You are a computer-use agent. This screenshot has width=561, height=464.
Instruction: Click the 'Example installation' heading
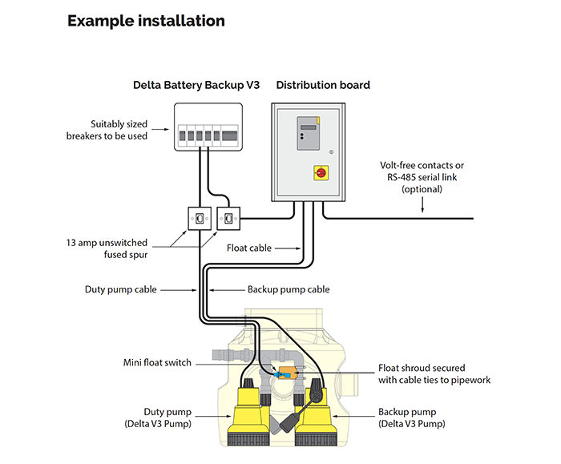146,21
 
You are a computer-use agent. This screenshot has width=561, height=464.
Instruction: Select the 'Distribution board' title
323,85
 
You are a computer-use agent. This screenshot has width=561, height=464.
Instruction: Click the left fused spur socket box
197,217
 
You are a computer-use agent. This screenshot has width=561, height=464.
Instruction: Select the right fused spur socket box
228,216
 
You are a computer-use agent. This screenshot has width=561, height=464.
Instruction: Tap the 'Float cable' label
249,248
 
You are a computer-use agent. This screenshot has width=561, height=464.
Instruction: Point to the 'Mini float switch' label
157,363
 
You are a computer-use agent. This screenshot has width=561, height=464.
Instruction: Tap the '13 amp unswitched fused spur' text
112,247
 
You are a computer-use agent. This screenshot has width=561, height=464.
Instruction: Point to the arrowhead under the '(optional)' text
422,212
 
